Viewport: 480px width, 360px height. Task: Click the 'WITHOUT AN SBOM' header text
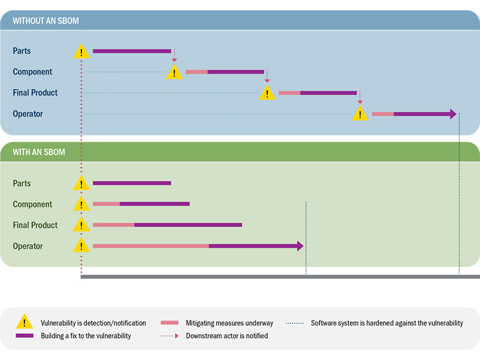(x=46, y=21)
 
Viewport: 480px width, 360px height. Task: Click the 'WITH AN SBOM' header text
(x=39, y=152)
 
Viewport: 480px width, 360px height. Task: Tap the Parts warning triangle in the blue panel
(x=81, y=52)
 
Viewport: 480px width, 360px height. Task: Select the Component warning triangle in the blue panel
(x=174, y=73)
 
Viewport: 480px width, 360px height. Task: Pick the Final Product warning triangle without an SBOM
(x=267, y=93)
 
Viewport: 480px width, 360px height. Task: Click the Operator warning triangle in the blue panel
(x=360, y=114)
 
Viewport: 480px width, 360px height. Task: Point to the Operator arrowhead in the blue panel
(x=453, y=114)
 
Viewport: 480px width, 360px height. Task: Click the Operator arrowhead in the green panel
(x=300, y=246)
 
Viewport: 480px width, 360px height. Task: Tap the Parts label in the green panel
(x=22, y=183)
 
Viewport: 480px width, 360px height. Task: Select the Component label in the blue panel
(x=33, y=72)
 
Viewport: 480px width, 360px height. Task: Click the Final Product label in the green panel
(x=35, y=225)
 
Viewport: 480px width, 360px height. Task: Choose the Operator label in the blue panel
(x=28, y=114)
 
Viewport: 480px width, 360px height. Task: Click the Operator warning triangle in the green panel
(x=81, y=247)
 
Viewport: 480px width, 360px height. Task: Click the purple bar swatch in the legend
(x=24, y=336)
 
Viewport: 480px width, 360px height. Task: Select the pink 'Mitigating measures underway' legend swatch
(x=169, y=323)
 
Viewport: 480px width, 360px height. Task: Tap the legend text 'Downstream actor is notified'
(x=227, y=336)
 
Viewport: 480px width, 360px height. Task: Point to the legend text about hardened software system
(x=387, y=323)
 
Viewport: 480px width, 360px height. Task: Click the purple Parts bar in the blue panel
(x=132, y=51)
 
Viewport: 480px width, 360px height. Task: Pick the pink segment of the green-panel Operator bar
(x=151, y=246)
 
